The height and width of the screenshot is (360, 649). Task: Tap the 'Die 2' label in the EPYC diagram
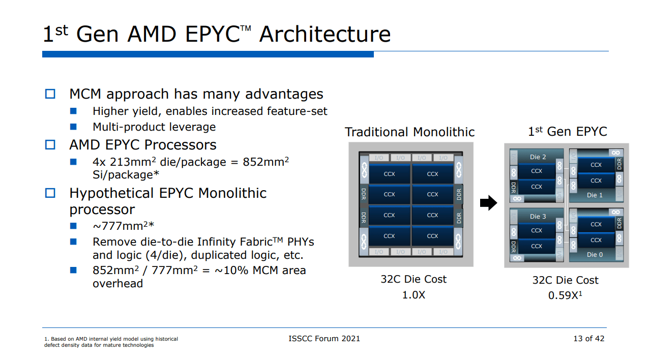pos(538,157)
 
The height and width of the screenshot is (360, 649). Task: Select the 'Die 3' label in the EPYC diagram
pos(538,216)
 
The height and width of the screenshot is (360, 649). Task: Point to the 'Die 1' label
pos(595,195)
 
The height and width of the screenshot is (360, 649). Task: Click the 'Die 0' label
pos(595,254)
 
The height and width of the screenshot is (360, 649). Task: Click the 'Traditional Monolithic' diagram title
pos(409,132)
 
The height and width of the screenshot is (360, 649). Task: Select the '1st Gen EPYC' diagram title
pos(568,132)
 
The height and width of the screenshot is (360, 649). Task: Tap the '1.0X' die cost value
pos(414,295)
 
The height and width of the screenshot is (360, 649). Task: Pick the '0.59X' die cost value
pos(563,295)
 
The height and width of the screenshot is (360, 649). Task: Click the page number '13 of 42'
pos(588,339)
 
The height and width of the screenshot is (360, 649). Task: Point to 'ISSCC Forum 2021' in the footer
pos(324,339)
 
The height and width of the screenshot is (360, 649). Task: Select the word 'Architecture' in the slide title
pos(324,35)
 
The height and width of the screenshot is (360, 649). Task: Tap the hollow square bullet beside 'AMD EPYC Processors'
pos(50,145)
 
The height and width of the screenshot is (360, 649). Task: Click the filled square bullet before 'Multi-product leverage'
pos(73,127)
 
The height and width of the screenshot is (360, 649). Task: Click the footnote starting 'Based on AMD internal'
pos(111,342)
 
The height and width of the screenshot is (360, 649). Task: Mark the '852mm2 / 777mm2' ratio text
pos(142,271)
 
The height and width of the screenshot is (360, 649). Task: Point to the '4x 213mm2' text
pos(125,162)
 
